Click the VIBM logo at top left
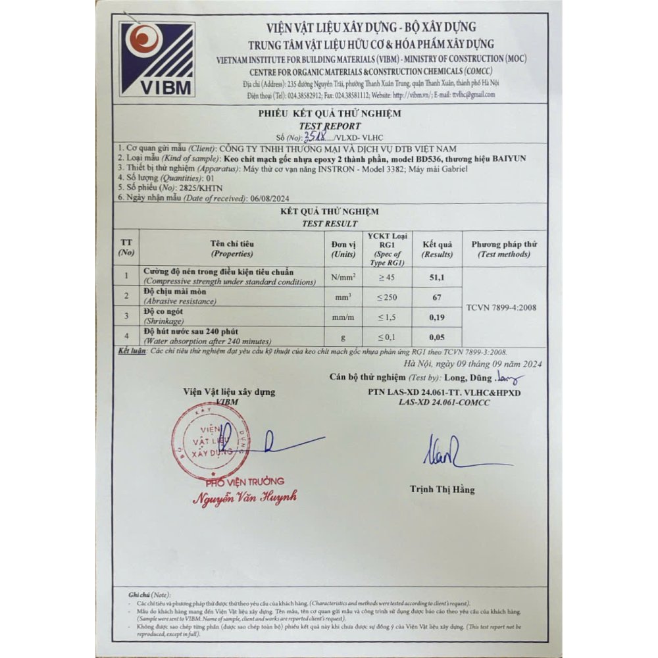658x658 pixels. [x=157, y=59]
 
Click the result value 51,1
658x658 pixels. [x=436, y=278]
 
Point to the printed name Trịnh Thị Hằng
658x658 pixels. [x=442, y=490]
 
